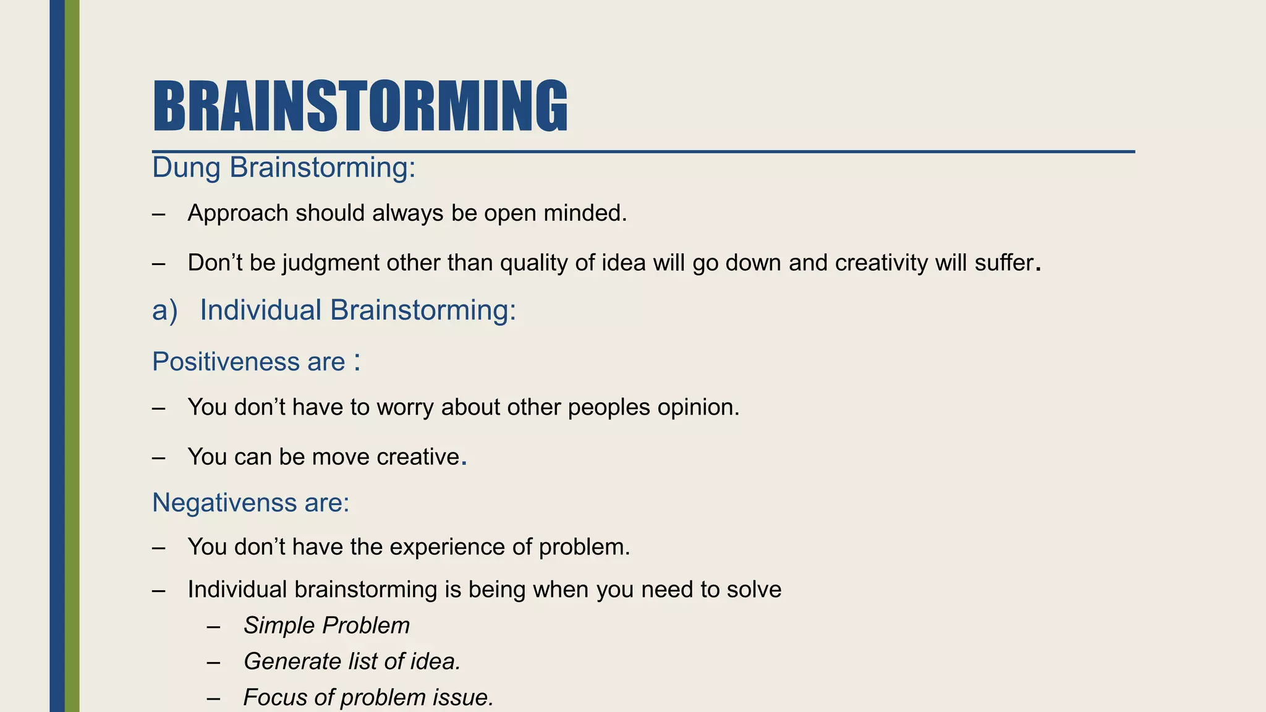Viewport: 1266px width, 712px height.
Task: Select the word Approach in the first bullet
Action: point(238,213)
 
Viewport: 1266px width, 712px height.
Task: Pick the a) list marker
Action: point(164,310)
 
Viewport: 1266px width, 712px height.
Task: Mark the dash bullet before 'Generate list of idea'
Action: point(214,662)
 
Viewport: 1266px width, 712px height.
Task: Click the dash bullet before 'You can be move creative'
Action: point(158,457)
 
